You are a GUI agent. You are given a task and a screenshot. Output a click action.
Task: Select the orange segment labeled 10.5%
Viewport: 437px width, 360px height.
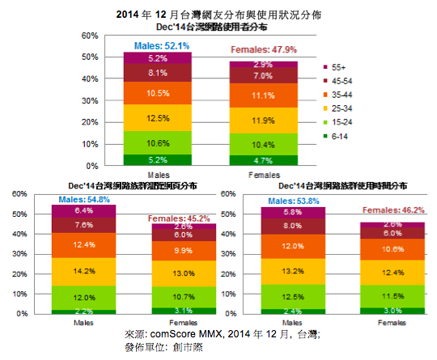[157, 94]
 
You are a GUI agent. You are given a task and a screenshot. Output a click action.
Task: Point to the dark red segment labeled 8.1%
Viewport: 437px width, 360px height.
[157, 72]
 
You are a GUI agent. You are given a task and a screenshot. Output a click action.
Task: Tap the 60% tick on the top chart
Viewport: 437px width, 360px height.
[89, 35]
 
